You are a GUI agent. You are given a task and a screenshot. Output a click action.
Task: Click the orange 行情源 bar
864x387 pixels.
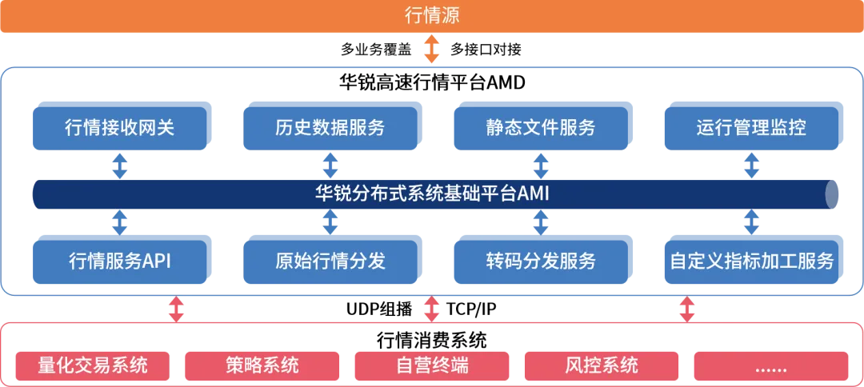(x=432, y=16)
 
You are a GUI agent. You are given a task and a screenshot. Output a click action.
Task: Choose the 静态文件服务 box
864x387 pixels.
(x=540, y=126)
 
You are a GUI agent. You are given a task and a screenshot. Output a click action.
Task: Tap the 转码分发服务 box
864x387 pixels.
(x=540, y=261)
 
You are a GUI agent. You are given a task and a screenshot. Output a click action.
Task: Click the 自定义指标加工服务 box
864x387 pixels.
(x=752, y=261)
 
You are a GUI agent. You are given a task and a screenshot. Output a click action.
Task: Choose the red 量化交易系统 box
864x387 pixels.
(x=93, y=366)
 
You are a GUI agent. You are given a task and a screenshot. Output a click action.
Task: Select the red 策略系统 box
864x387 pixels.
(x=262, y=366)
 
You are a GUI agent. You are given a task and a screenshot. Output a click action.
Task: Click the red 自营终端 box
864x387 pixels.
(x=432, y=366)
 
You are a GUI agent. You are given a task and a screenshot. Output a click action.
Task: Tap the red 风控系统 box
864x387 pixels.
(x=602, y=366)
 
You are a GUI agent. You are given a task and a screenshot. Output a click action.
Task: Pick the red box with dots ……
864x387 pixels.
(x=770, y=366)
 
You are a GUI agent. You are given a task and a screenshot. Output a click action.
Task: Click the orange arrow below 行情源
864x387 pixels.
(x=432, y=50)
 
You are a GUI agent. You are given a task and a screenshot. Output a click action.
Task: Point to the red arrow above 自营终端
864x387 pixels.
(x=432, y=309)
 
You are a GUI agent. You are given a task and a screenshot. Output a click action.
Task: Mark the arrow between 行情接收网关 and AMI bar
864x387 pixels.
(x=119, y=166)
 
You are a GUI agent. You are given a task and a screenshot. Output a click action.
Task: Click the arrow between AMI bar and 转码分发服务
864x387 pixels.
(x=540, y=221)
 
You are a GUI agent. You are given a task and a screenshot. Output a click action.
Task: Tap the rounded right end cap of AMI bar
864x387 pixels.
(x=834, y=194)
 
